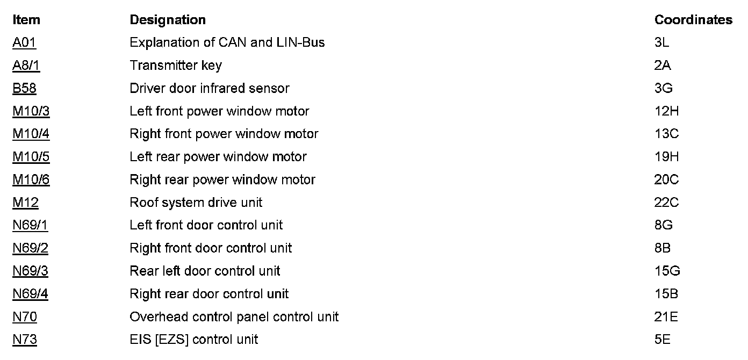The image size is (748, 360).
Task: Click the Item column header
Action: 26,20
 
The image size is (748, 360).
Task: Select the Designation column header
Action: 168,20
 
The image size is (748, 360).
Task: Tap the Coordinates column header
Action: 693,20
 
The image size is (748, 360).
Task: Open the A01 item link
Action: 24,42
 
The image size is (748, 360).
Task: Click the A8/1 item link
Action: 26,66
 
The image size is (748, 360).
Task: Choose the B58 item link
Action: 24,88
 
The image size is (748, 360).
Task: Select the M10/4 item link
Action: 31,134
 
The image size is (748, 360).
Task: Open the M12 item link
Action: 25,203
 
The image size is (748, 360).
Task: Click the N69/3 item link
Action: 30,271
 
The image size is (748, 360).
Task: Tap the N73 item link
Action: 25,340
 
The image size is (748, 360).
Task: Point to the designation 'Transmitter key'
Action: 176,66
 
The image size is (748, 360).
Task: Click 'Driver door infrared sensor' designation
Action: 210,88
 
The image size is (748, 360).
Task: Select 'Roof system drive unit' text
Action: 196,203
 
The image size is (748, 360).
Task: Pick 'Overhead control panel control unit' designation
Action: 234,317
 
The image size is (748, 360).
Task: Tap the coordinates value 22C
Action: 667,203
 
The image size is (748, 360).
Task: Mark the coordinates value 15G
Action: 667,271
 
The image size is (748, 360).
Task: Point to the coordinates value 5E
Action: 663,340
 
